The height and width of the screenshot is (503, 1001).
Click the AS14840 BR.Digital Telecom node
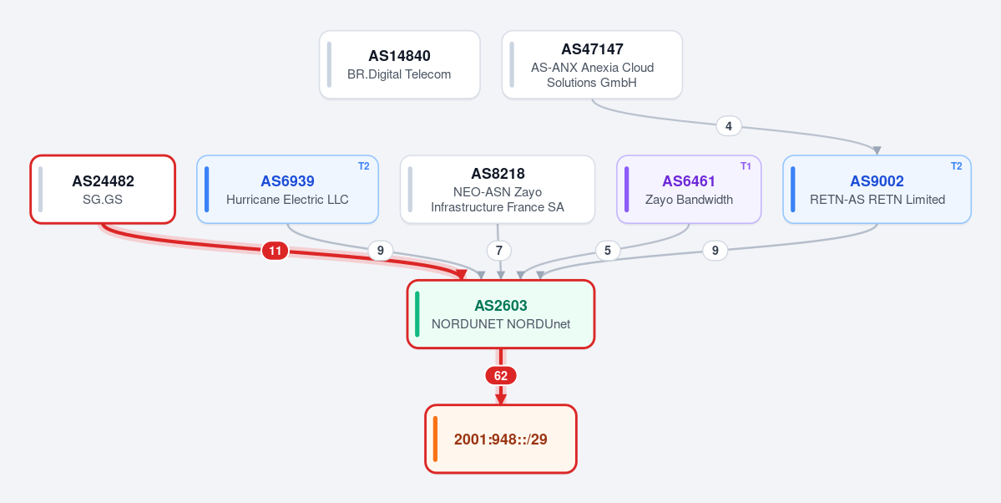point(400,64)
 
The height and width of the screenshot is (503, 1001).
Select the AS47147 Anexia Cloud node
point(592,64)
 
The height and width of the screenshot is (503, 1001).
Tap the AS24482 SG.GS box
point(103,189)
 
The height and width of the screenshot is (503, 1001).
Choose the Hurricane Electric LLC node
point(287,189)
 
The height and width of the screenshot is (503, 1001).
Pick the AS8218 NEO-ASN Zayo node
point(498,189)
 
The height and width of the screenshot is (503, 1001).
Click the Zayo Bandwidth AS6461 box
point(689,189)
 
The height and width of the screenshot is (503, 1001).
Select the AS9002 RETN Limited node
point(877,189)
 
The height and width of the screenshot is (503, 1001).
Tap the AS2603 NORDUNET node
point(501,314)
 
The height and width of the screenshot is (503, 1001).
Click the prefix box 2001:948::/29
point(501,439)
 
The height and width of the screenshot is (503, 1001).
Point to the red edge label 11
point(276,251)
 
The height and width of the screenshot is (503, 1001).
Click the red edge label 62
point(501,376)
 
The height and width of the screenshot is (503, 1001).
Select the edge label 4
point(728,126)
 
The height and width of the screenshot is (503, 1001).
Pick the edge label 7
point(498,251)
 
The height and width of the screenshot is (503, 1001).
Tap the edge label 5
point(608,251)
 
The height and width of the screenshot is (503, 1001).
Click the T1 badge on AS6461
point(746,166)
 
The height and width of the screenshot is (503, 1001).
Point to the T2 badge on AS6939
point(363,166)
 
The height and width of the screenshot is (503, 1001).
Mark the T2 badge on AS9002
point(956,166)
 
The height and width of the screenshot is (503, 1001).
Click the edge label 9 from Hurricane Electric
point(381,251)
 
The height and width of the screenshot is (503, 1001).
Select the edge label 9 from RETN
point(715,251)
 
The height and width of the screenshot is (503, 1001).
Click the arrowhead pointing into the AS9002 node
point(877,151)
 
